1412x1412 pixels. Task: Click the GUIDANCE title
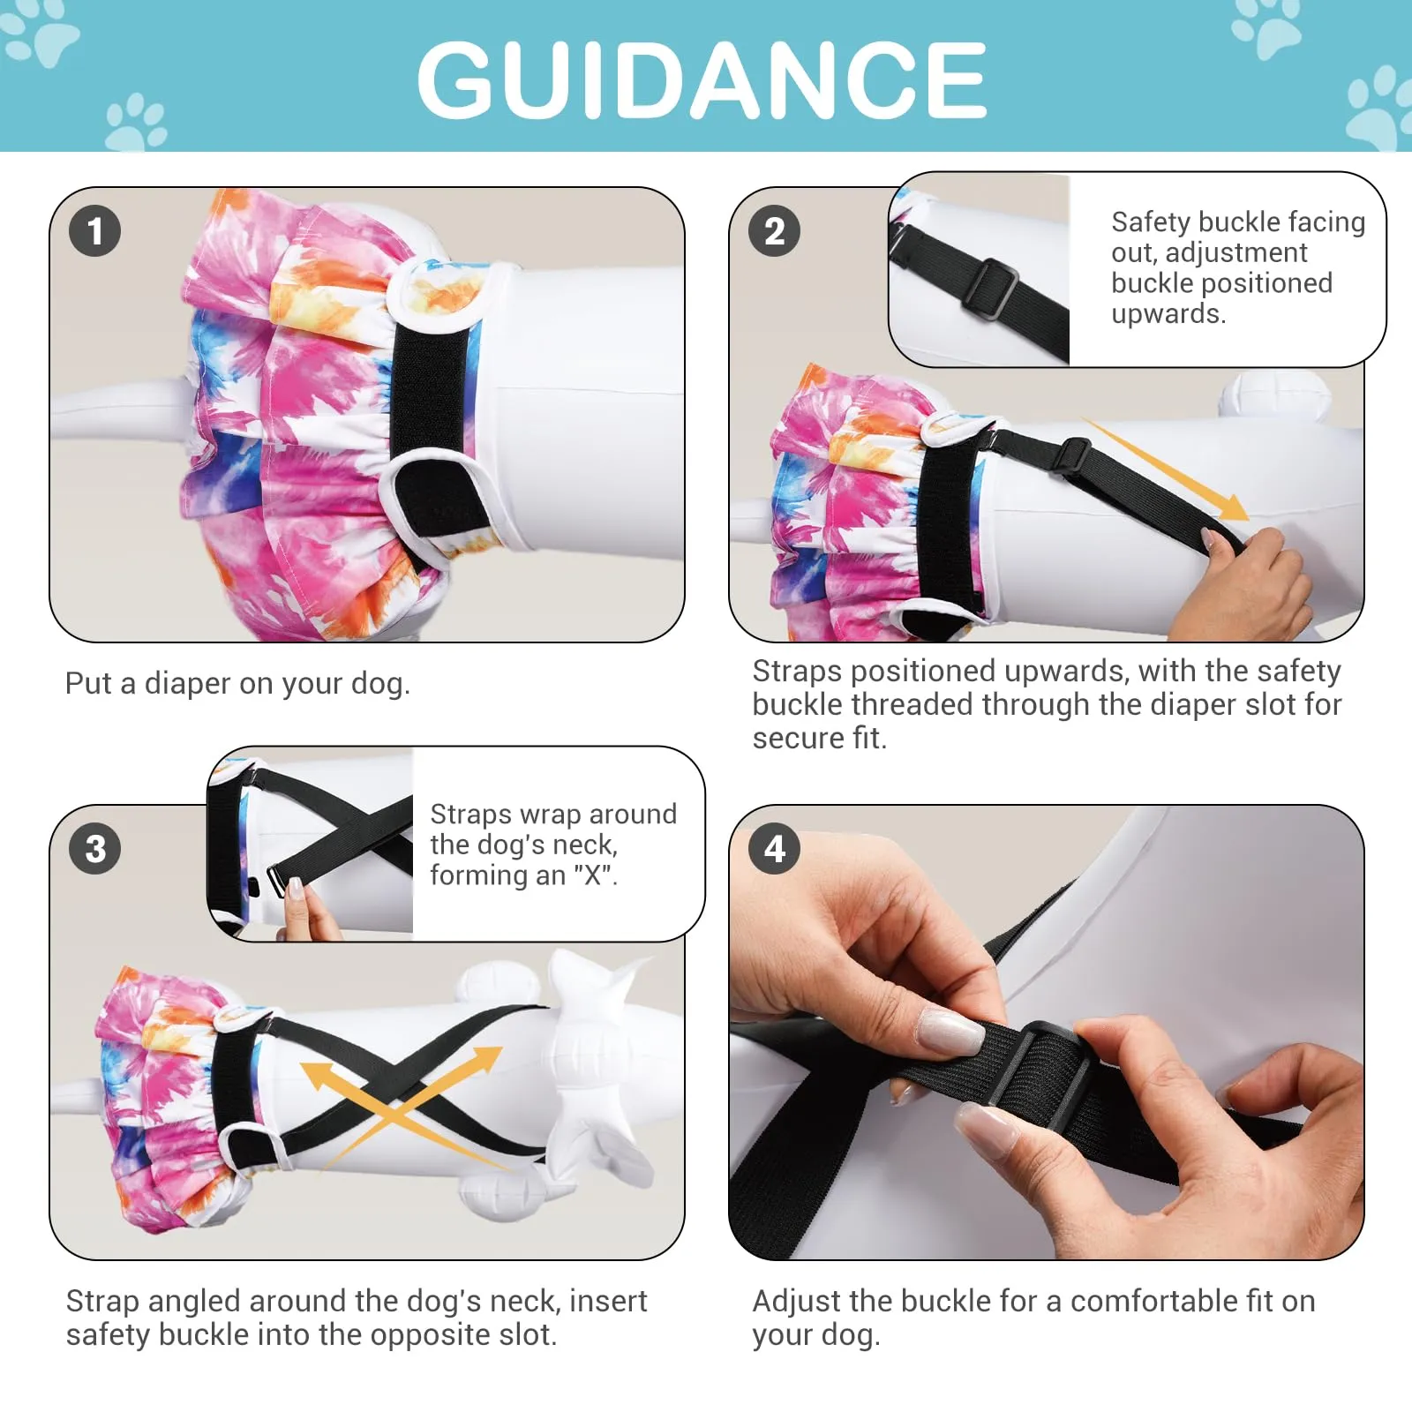tap(702, 79)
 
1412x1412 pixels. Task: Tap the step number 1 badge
tap(94, 231)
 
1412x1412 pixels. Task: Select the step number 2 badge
tap(774, 231)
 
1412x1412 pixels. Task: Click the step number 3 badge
tap(94, 849)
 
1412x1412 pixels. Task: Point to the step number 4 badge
tap(774, 849)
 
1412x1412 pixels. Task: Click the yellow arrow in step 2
tap(1165, 469)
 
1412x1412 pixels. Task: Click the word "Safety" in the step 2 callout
tap(1151, 222)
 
